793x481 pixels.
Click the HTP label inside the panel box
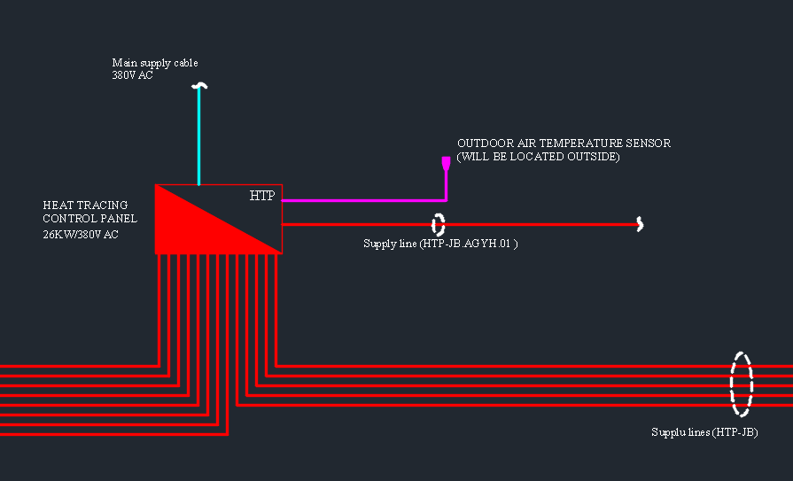point(262,196)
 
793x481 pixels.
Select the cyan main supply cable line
point(199,136)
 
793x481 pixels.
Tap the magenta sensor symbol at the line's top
point(446,164)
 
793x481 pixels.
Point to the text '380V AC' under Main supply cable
point(132,75)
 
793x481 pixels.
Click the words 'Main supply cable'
point(155,63)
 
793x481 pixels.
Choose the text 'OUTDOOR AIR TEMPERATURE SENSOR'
point(564,144)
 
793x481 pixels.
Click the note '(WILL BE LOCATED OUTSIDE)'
point(538,157)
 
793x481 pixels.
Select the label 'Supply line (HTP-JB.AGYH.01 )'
point(440,244)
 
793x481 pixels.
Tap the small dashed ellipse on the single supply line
point(433,225)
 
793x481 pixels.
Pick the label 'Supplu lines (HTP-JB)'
point(704,432)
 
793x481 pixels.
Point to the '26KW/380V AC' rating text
point(81,235)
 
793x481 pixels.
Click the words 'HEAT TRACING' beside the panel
point(85,206)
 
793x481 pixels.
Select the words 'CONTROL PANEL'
point(90,219)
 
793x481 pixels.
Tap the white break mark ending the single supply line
point(641,224)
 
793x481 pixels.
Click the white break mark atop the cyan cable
point(199,86)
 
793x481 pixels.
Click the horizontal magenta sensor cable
point(363,201)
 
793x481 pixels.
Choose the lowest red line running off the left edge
point(113,434)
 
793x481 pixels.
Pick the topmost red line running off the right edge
point(534,366)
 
